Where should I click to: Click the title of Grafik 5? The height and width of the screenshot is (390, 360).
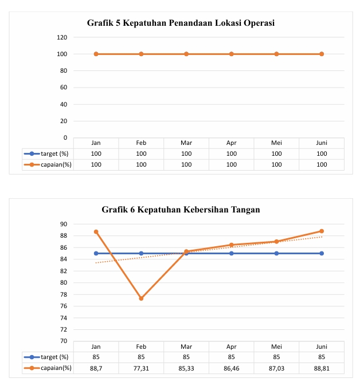[x=181, y=23]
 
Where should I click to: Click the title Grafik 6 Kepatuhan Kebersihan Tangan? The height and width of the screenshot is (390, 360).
[x=181, y=210]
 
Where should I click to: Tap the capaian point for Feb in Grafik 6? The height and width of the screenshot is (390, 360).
[x=141, y=298]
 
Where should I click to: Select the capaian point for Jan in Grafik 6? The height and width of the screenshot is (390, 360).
[x=96, y=232]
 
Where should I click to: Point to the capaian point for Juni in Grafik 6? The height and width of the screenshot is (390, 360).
[x=322, y=231]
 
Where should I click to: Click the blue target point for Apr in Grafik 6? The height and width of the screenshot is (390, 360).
[x=232, y=253]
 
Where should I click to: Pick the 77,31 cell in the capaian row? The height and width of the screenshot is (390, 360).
[x=141, y=368]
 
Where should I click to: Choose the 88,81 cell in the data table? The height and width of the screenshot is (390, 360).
[x=322, y=368]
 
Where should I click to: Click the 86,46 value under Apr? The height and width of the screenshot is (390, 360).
[x=232, y=368]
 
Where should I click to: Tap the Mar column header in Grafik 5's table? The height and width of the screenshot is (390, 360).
[x=186, y=143]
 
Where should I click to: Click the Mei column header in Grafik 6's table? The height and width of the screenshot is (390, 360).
[x=276, y=346]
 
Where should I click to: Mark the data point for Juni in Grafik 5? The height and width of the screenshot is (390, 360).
[x=322, y=54]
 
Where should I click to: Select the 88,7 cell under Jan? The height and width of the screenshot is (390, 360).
[x=96, y=368]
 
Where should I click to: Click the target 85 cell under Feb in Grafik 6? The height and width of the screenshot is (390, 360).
[x=141, y=357]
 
